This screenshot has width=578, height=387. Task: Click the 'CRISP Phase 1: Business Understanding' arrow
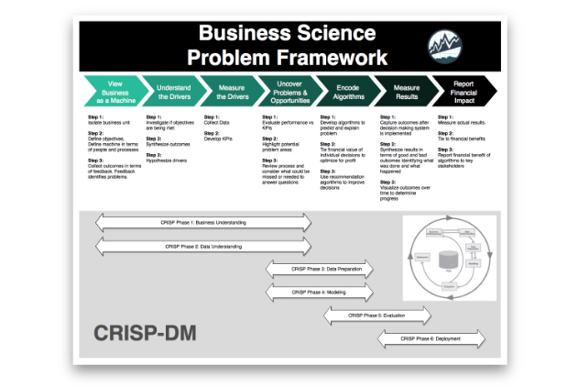coord(203,223)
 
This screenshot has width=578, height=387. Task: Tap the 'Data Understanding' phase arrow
coord(203,247)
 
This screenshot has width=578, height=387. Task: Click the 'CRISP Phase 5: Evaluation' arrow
coord(376,315)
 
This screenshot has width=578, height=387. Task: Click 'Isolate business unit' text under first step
coord(111,122)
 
